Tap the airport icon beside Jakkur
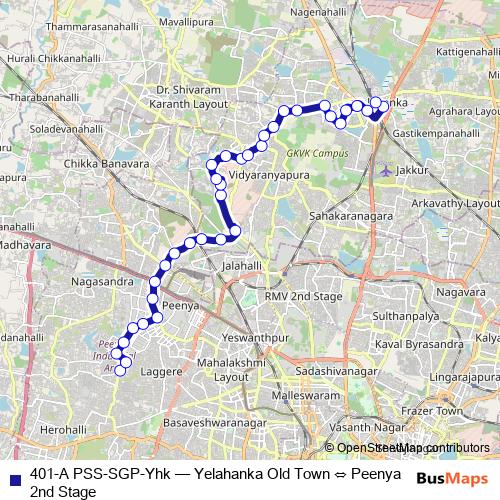pos(389,170)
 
